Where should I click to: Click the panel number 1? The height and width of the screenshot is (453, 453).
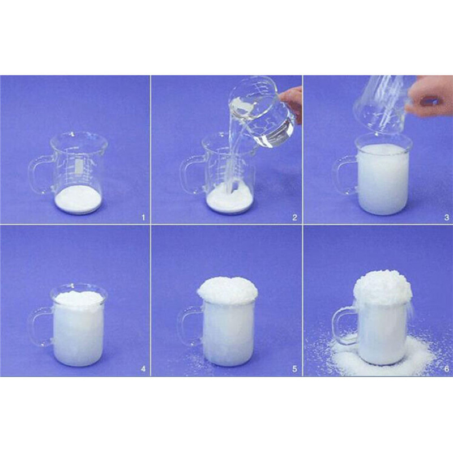143,217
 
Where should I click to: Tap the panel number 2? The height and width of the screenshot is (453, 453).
294,217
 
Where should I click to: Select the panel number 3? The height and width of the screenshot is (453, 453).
447,217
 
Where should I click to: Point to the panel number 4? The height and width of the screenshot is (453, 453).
143,369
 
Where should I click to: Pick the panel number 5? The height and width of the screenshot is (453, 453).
294,369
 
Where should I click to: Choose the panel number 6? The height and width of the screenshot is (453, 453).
447,369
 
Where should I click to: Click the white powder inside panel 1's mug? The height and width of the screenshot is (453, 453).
78,199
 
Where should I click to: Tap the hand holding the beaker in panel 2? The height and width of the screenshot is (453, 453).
292,102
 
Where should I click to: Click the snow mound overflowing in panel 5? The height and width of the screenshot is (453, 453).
228,290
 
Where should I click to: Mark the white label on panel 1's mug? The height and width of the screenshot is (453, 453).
78,166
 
